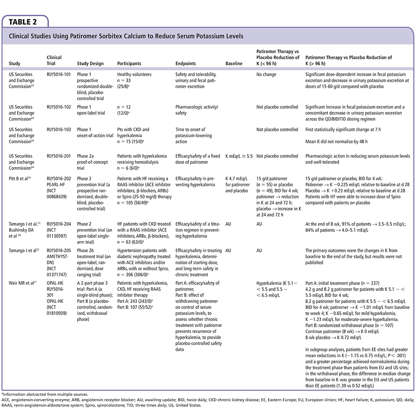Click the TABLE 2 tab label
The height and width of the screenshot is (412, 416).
(25, 21)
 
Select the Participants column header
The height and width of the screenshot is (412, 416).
(129, 64)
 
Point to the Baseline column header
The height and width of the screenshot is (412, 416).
(234, 64)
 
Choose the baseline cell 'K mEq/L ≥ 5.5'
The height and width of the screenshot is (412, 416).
(239, 156)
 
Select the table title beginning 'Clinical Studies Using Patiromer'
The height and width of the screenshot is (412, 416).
(126, 36)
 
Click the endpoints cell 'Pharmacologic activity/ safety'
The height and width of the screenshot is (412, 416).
(197, 110)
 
